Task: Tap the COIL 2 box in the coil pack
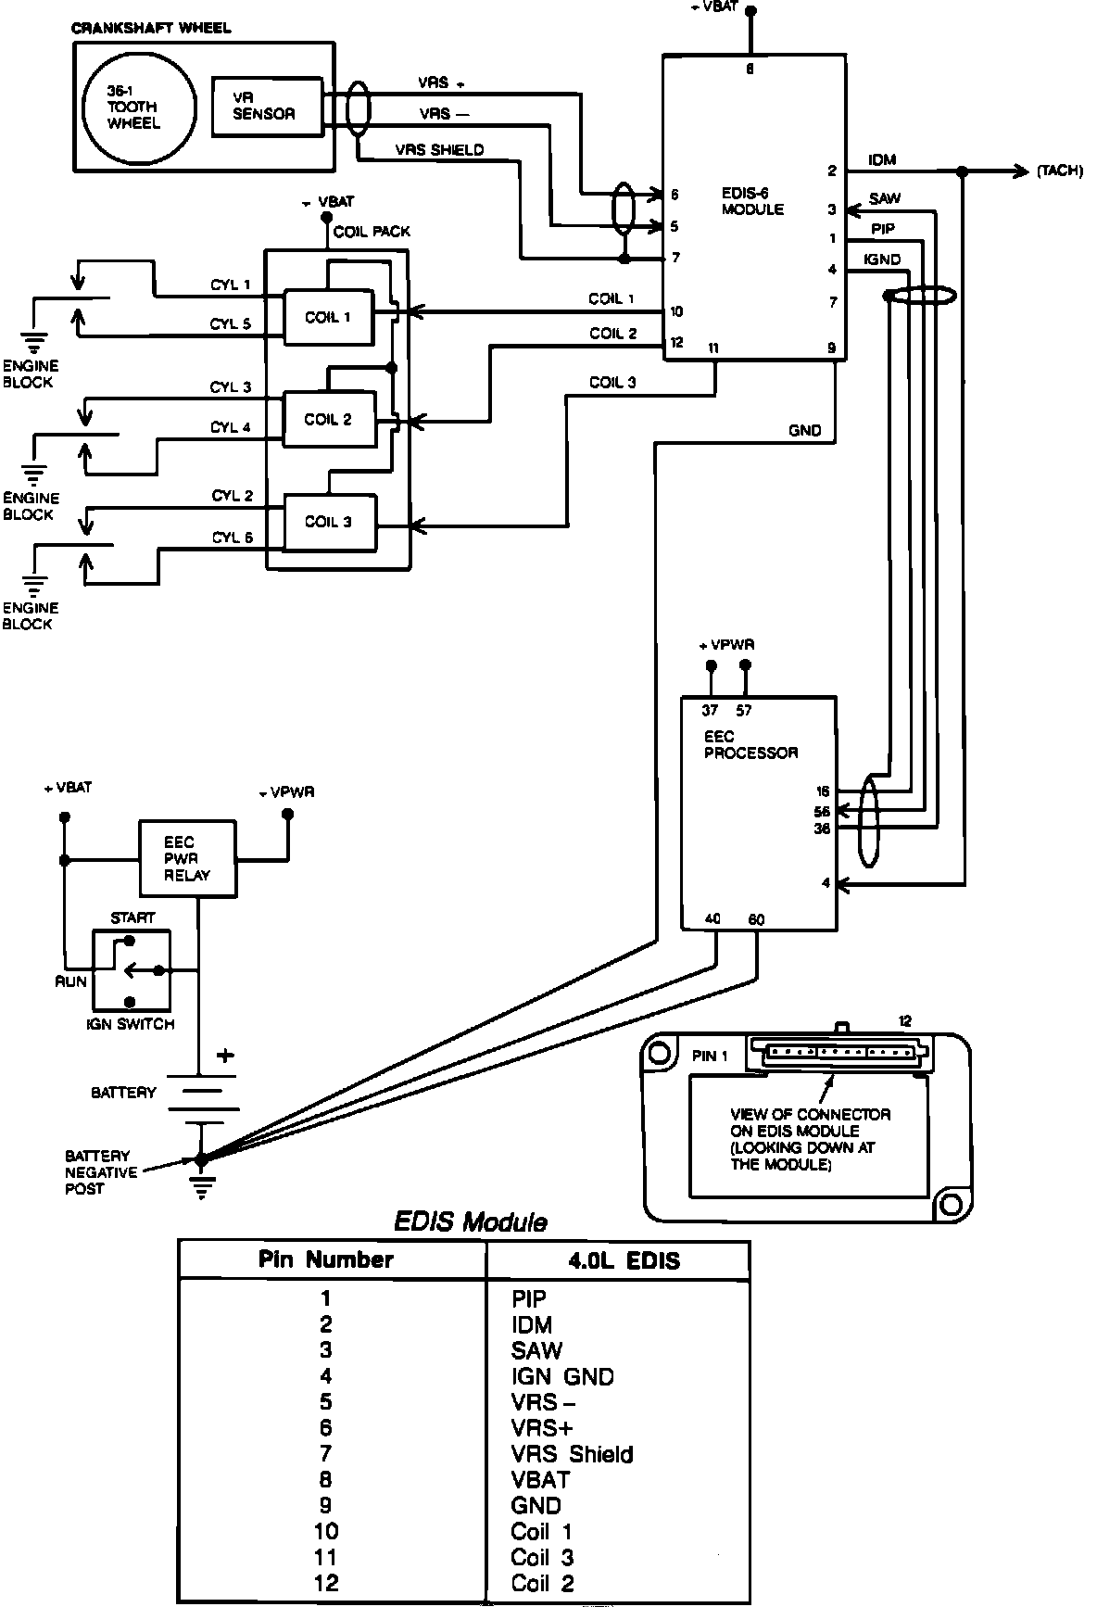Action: [x=329, y=420]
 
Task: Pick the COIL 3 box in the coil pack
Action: [x=329, y=522]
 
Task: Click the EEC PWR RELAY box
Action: [x=187, y=858]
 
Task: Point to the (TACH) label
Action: [x=1060, y=171]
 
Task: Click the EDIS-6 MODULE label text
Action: [x=752, y=202]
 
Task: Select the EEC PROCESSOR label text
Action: [x=750, y=745]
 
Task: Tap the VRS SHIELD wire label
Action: [x=439, y=150]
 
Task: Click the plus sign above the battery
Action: [x=225, y=1056]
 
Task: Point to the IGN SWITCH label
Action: [x=130, y=1024]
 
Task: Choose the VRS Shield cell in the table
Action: [x=572, y=1454]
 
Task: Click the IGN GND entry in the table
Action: [x=562, y=1377]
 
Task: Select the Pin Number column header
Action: [x=326, y=1259]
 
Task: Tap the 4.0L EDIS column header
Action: [x=624, y=1261]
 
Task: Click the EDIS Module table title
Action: [x=471, y=1222]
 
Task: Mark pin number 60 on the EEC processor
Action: [x=757, y=920]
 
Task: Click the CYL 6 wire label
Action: [x=233, y=538]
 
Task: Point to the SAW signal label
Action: [x=885, y=198]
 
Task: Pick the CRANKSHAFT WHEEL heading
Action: [x=151, y=29]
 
